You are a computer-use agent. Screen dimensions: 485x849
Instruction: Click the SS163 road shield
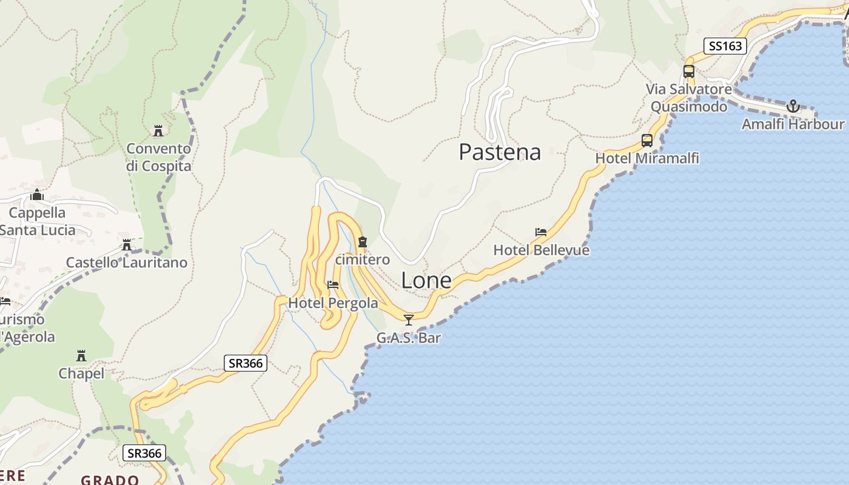[725, 46]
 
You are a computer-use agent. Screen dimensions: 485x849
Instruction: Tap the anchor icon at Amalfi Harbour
[793, 107]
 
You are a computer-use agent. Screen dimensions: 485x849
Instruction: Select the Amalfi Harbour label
[793, 124]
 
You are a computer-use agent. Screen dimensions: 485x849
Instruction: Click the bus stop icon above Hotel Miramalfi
[647, 141]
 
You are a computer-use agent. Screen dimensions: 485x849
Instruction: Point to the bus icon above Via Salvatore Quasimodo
[689, 72]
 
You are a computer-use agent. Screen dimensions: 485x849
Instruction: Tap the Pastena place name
[500, 152]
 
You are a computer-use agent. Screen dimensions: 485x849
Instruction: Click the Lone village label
[426, 281]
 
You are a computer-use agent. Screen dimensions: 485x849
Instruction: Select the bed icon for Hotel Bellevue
[541, 232]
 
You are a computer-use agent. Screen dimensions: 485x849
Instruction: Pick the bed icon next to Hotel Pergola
[333, 285]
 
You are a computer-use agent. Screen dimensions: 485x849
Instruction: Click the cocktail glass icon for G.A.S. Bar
[409, 319]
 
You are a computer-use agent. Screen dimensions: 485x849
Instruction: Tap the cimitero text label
[363, 259]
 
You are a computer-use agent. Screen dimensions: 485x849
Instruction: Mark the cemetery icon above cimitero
[363, 242]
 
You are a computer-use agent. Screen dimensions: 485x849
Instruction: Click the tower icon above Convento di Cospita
[158, 130]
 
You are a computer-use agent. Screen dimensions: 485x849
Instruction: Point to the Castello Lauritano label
[126, 263]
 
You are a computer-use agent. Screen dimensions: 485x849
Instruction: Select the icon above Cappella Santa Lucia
[37, 195]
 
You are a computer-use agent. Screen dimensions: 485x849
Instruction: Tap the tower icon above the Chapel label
[81, 355]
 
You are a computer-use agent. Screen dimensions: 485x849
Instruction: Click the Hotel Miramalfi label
[647, 158]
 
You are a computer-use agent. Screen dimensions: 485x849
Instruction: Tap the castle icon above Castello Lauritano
[127, 245]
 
